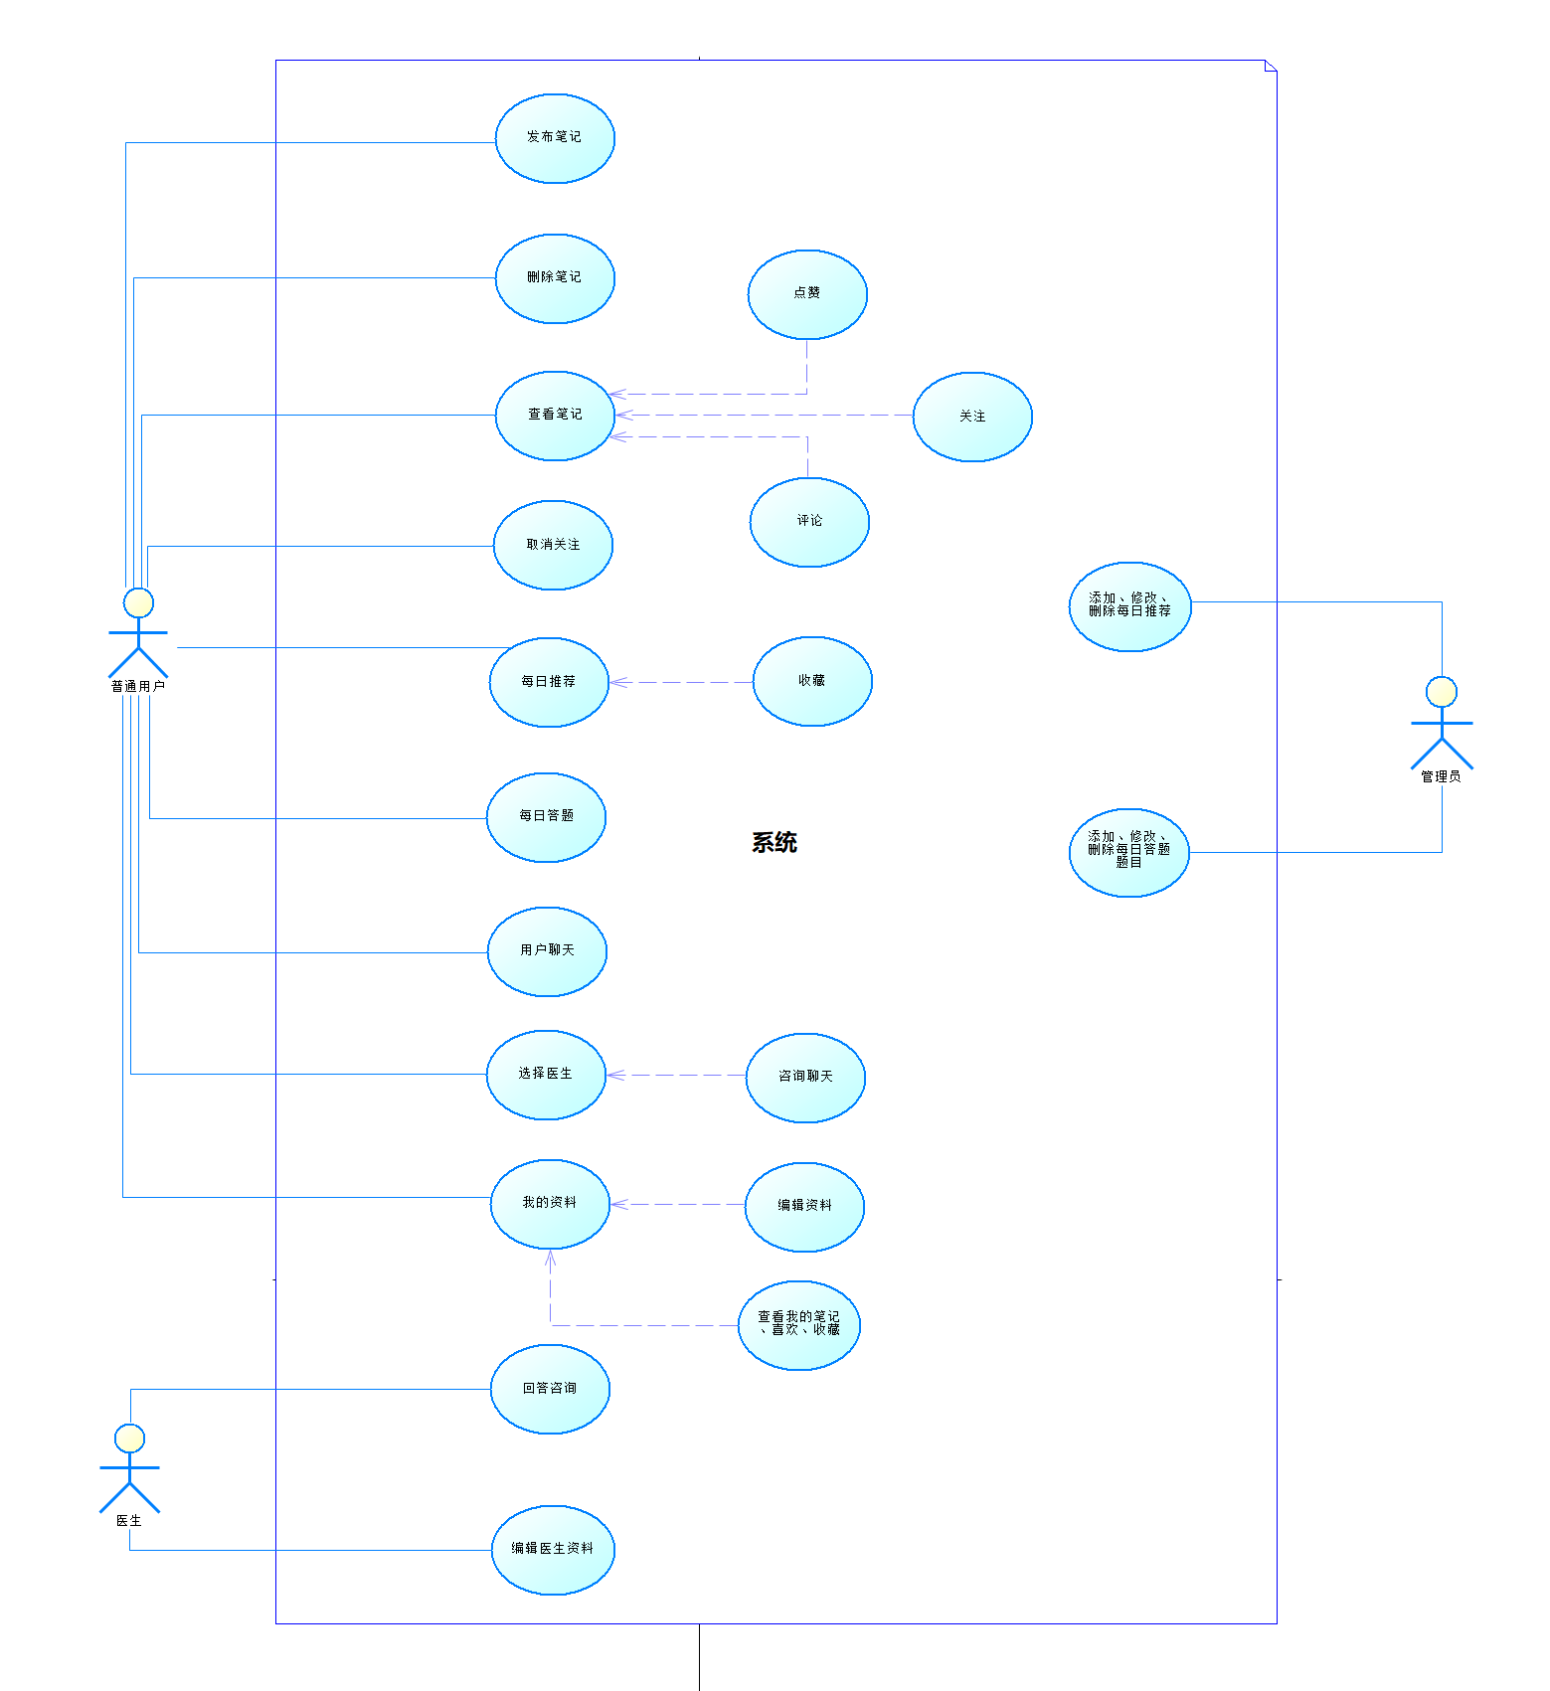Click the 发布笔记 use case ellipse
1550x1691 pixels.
point(555,138)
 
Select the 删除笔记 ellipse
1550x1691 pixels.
point(555,278)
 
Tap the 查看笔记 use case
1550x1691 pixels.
point(555,416)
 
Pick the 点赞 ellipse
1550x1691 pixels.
point(807,294)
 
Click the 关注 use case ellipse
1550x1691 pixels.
point(972,417)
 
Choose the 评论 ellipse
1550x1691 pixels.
point(809,522)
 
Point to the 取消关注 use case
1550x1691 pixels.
point(553,545)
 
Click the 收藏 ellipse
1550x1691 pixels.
point(812,681)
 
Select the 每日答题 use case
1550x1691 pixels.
point(546,817)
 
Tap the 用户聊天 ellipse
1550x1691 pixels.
point(547,951)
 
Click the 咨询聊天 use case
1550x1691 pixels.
point(805,1078)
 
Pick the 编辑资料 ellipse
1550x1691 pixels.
point(804,1207)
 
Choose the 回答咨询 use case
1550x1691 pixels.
point(550,1389)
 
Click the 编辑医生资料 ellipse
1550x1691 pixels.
point(553,1550)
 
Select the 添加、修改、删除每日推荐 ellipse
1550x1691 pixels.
point(1129,606)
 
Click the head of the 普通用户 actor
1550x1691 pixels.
point(138,602)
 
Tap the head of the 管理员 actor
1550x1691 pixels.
point(1441,692)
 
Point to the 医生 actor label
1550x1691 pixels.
point(129,1521)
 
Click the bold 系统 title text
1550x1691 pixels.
point(775,843)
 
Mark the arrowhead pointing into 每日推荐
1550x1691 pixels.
point(615,682)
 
